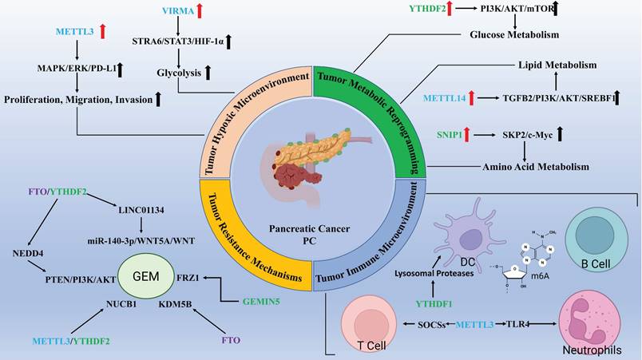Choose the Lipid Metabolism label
click(x=547, y=63)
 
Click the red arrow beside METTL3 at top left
click(x=102, y=32)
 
